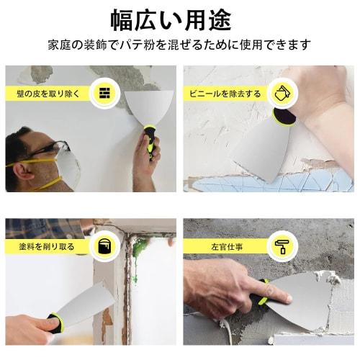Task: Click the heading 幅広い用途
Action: tap(179, 17)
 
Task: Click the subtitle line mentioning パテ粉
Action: tap(179, 45)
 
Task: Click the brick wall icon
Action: tap(104, 93)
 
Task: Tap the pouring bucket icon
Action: tap(280, 94)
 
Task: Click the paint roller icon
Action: tap(280, 246)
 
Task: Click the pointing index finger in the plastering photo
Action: tap(277, 296)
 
